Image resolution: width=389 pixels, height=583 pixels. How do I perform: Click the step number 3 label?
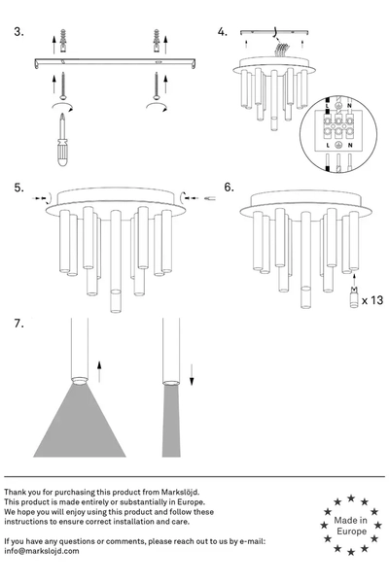click(18, 32)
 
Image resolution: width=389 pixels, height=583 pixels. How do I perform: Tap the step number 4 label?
click(223, 32)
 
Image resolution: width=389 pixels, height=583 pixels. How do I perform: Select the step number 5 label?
click(19, 188)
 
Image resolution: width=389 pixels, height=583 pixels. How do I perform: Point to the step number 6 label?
click(229, 187)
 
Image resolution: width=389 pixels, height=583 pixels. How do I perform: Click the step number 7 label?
click(18, 324)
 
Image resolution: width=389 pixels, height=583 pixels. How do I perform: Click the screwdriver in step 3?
click(62, 140)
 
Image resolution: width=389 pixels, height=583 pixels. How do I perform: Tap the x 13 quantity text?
click(371, 300)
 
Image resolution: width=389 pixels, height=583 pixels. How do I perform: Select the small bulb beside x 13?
click(354, 297)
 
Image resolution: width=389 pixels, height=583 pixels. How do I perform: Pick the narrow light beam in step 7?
click(171, 422)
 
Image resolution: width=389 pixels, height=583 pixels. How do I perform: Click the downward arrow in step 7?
click(192, 375)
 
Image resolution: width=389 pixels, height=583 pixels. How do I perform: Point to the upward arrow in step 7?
click(99, 371)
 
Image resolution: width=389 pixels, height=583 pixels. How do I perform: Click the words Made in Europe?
click(351, 526)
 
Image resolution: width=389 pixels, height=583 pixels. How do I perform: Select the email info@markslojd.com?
click(42, 551)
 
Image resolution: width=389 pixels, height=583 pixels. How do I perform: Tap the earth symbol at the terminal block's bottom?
click(338, 145)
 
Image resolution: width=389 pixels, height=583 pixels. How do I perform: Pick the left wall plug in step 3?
click(63, 41)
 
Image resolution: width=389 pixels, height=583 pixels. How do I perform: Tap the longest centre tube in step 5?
click(116, 260)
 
